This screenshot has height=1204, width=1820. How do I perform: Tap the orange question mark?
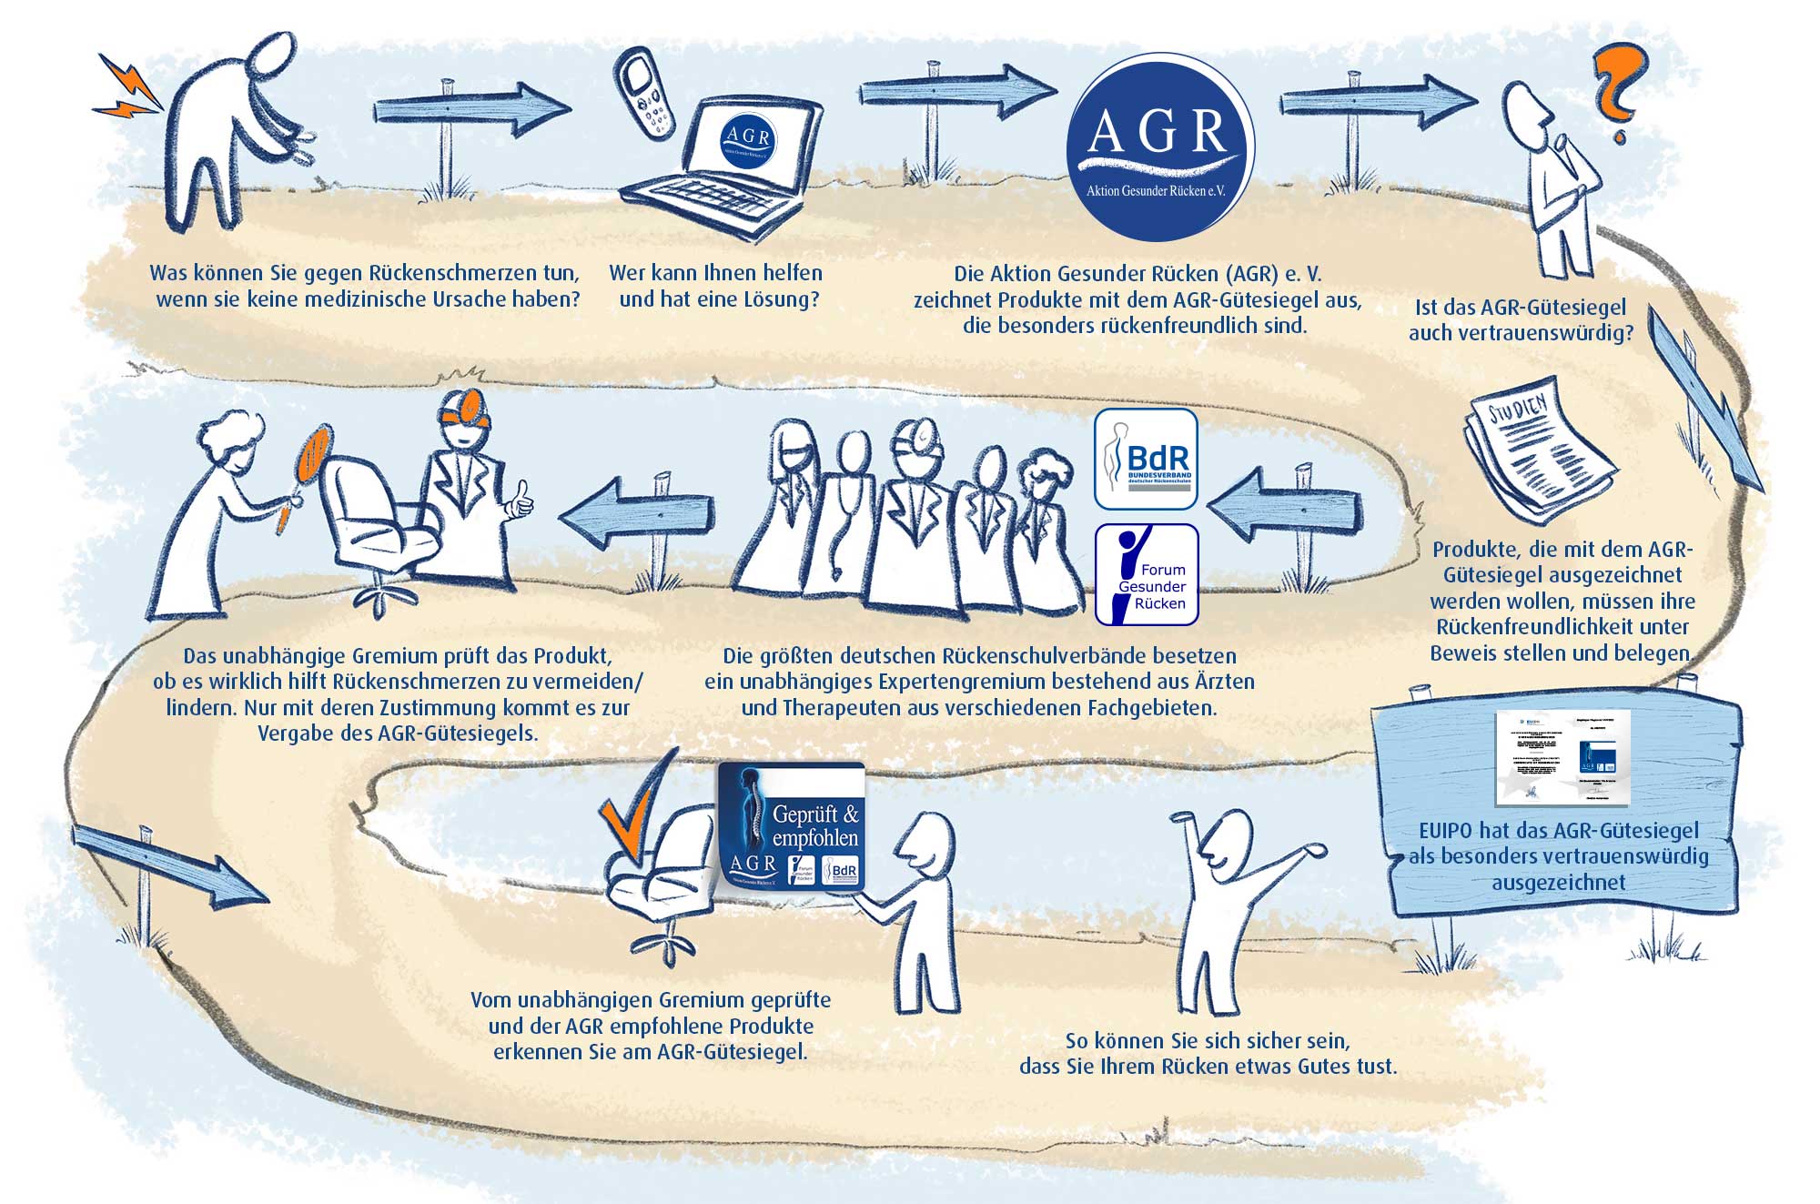point(1618,91)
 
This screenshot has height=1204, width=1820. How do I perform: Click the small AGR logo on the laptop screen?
point(748,142)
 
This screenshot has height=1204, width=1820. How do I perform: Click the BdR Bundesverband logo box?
point(1145,459)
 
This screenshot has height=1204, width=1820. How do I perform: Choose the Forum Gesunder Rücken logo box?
point(1146,574)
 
